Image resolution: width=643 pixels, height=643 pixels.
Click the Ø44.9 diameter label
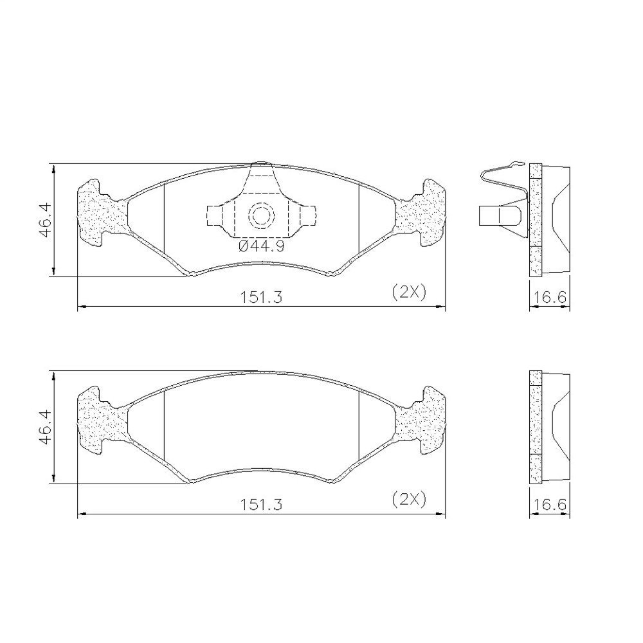coord(261,246)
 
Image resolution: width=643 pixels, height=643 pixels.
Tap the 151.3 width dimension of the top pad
coord(261,296)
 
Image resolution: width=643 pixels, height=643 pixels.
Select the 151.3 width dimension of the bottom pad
coord(261,504)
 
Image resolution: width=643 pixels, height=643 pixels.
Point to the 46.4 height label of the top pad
coord(46,219)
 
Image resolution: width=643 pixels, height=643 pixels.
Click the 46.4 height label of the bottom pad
coord(46,427)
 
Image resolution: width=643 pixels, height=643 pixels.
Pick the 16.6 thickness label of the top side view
coord(550,296)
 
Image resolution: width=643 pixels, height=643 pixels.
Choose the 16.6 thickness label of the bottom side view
coord(550,504)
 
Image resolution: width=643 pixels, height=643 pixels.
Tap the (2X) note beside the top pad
coord(409,292)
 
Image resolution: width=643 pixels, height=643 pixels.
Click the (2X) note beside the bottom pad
coord(409,499)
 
